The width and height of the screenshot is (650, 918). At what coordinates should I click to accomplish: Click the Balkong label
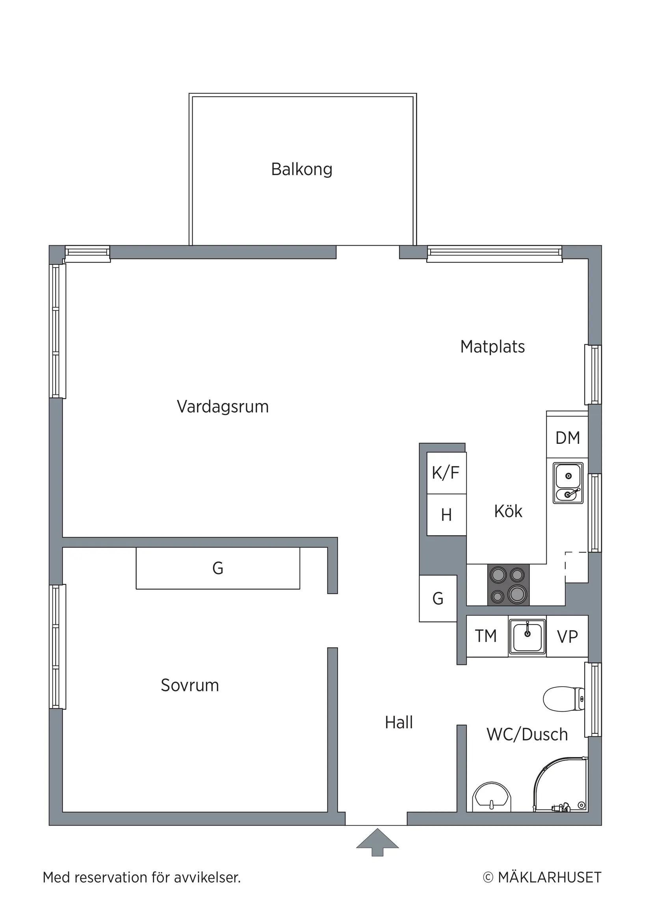click(x=301, y=169)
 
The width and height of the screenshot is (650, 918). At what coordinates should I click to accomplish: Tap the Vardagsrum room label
click(x=223, y=406)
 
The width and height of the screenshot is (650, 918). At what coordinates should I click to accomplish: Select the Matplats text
click(x=492, y=347)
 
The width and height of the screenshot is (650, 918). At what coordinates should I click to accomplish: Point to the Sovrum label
click(x=190, y=685)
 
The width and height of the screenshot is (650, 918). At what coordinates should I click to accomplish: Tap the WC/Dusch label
click(x=527, y=735)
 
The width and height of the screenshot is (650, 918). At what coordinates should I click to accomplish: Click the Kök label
click(x=508, y=512)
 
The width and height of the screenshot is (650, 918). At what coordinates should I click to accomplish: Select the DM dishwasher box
click(x=567, y=438)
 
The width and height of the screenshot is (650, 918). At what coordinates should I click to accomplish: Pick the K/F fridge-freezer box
click(x=446, y=473)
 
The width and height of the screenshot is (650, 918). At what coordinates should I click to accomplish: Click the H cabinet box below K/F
click(x=446, y=515)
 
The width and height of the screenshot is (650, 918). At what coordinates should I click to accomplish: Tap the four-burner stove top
click(x=508, y=585)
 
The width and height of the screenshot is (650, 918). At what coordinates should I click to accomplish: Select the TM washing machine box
click(x=486, y=636)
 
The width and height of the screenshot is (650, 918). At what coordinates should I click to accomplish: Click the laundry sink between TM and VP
click(x=527, y=637)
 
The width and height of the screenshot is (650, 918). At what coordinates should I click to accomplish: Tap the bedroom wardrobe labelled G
click(x=218, y=568)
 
